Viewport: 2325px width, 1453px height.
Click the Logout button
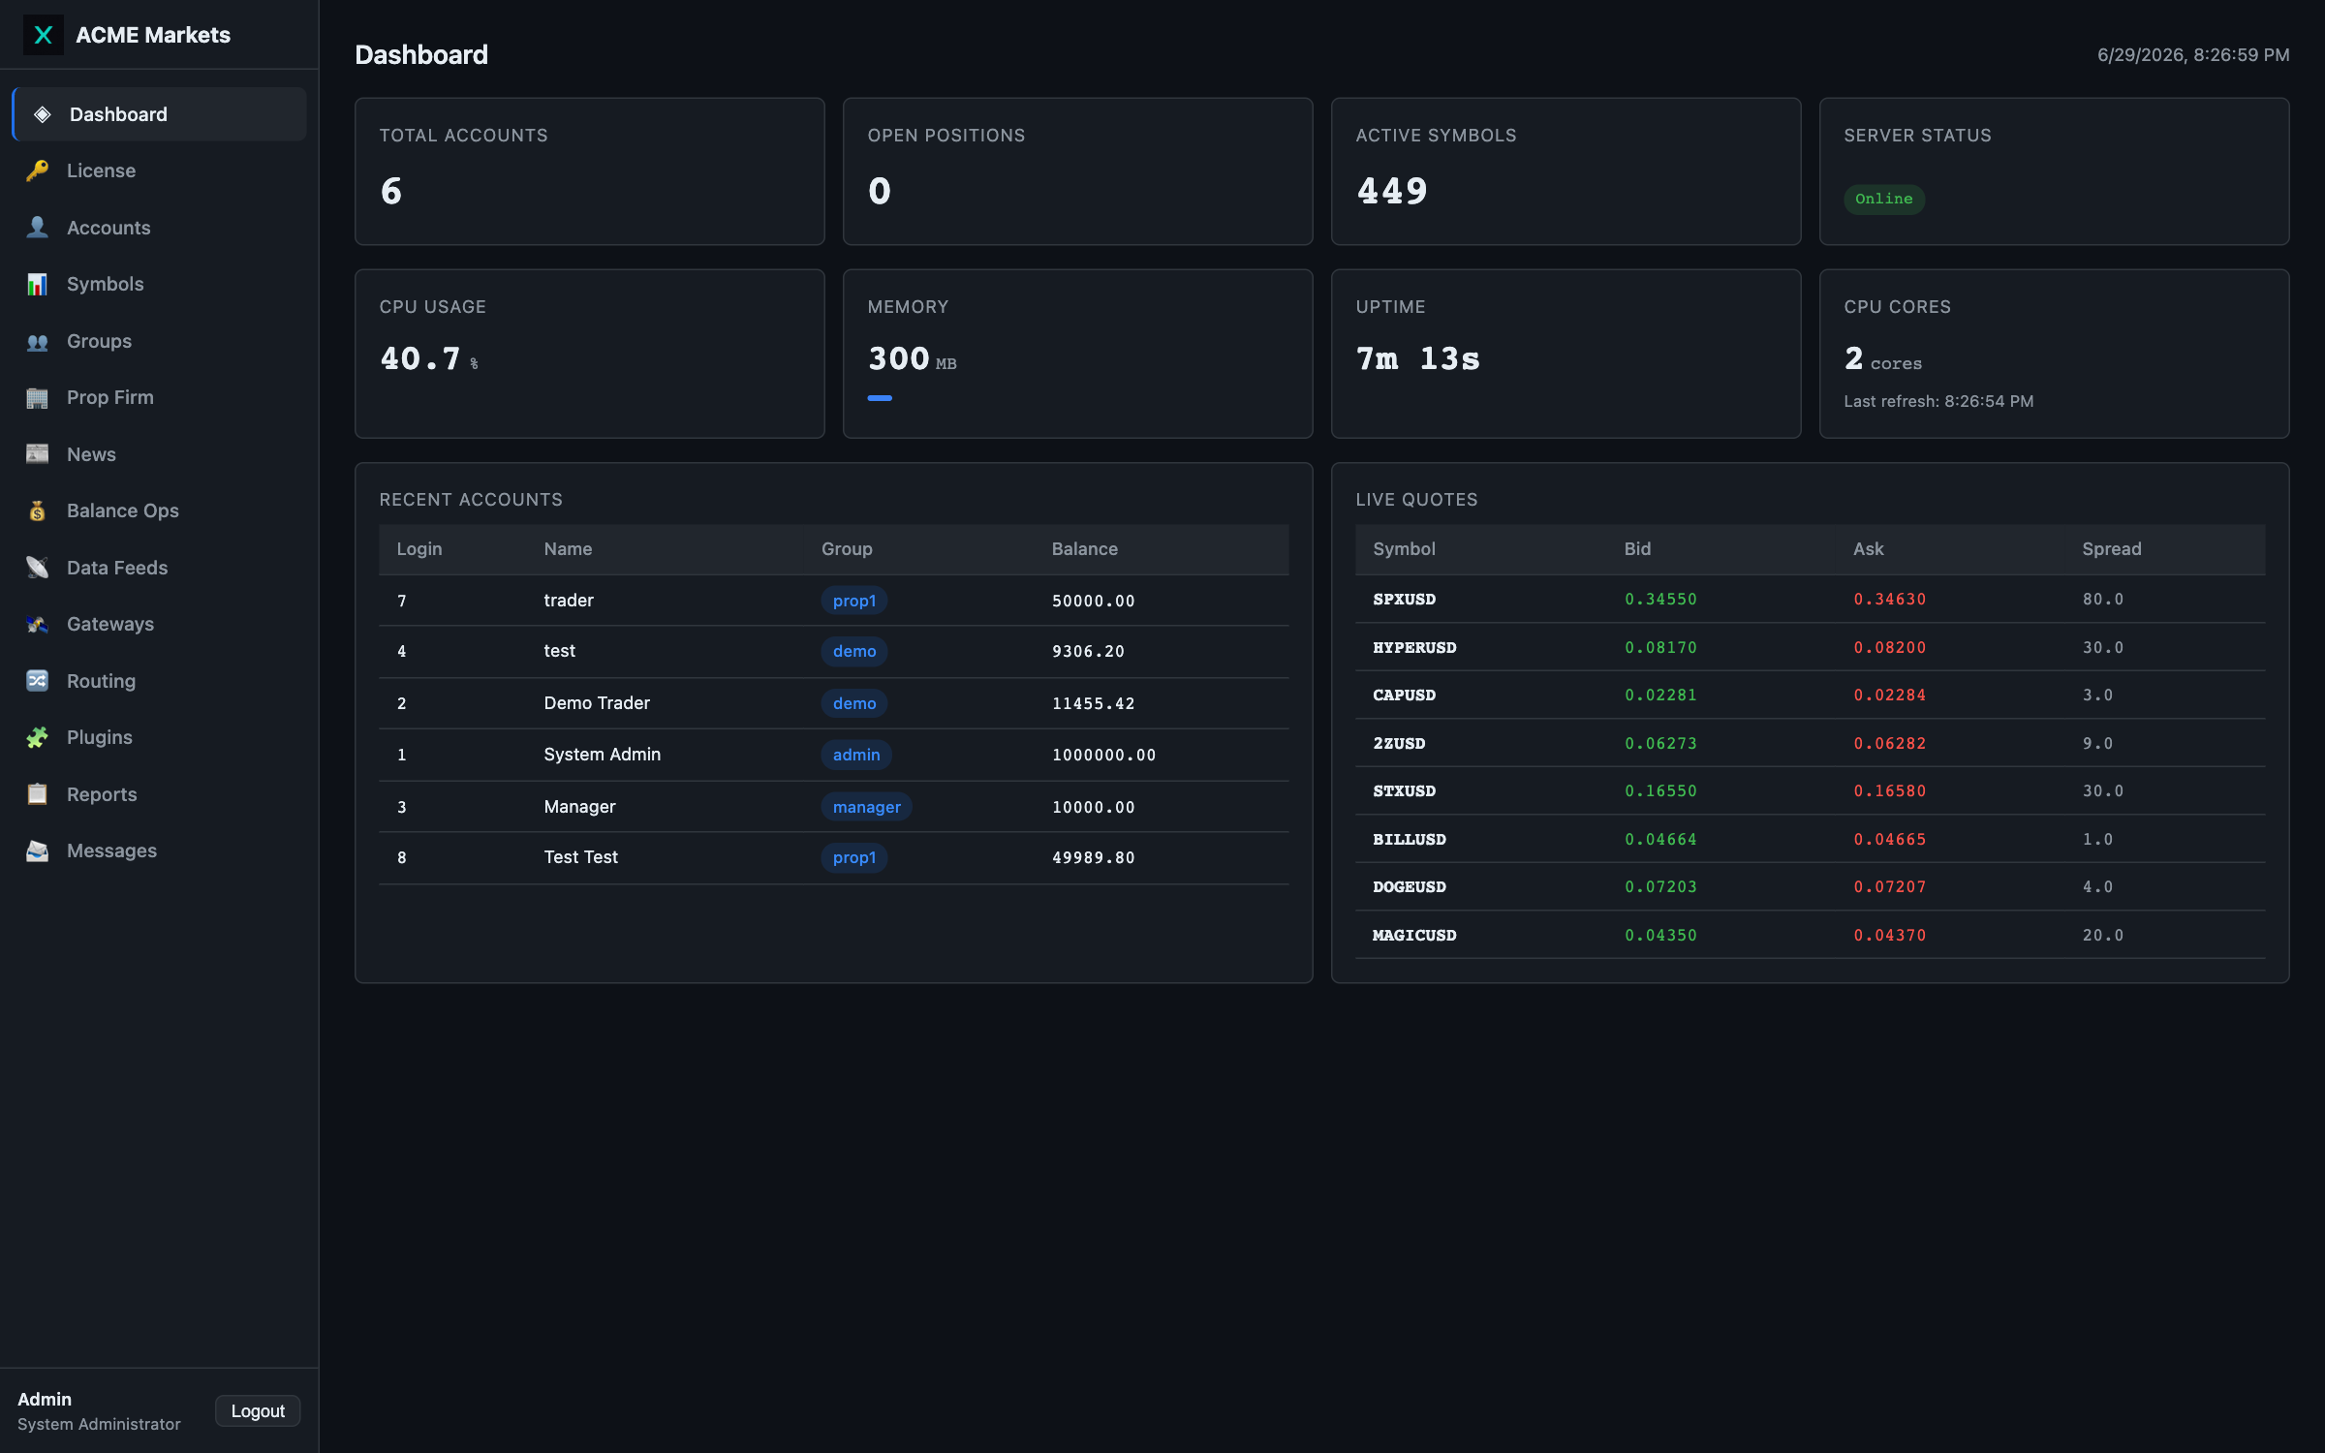point(258,1410)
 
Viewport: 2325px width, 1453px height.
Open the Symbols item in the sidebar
point(105,284)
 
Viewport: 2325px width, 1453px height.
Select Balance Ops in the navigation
point(122,510)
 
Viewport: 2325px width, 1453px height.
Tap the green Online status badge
point(1883,199)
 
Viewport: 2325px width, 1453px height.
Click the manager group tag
point(866,807)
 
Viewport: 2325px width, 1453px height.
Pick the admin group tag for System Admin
point(856,755)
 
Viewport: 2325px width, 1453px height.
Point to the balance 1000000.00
point(1103,755)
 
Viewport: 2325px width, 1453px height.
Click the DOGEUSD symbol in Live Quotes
point(1409,886)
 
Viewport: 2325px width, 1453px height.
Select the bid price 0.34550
point(1660,599)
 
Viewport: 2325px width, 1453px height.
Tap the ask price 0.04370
point(1889,935)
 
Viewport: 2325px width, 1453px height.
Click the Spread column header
point(2112,548)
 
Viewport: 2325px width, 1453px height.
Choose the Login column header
point(418,548)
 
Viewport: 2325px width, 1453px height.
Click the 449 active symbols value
point(1392,191)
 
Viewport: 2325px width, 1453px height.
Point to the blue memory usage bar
point(880,397)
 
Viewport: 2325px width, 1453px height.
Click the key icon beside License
point(37,170)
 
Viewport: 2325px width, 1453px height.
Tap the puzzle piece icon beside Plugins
point(37,737)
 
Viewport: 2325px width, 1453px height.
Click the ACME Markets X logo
point(43,35)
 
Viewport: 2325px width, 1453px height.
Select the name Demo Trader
point(597,702)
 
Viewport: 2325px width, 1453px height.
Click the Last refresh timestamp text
point(1938,401)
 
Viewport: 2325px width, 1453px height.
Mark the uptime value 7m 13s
point(1418,358)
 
